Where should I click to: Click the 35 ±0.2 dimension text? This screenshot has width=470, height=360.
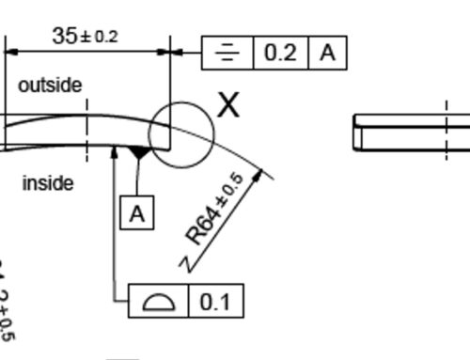point(85,36)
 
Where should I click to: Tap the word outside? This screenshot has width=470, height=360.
point(50,86)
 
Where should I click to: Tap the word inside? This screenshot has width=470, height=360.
point(47,183)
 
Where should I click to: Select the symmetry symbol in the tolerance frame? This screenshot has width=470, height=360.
point(227,53)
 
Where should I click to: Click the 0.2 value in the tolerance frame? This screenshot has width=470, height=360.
point(279,53)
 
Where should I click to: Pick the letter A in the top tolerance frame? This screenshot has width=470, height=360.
point(328,53)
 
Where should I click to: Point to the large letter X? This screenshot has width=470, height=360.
point(228,105)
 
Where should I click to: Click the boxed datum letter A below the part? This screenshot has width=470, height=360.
point(137,213)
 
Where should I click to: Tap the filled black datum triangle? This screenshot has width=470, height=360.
point(138,151)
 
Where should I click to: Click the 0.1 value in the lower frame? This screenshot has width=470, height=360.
point(215,302)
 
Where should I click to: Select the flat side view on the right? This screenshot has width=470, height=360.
point(411,131)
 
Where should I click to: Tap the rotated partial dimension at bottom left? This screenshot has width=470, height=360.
point(6,301)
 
